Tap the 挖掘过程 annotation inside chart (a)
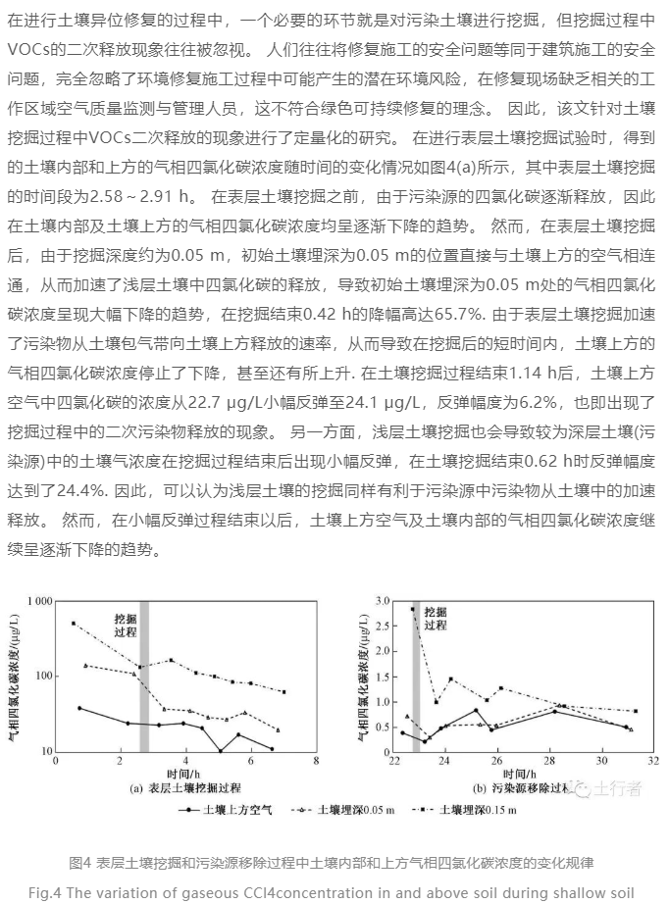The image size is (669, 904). [x=126, y=627]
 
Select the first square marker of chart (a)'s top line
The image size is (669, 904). [x=73, y=624]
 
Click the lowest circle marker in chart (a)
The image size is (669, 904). [x=221, y=750]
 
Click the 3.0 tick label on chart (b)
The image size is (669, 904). [x=381, y=600]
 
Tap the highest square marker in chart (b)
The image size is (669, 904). [x=413, y=609]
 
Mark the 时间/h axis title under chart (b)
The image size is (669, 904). [x=523, y=773]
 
